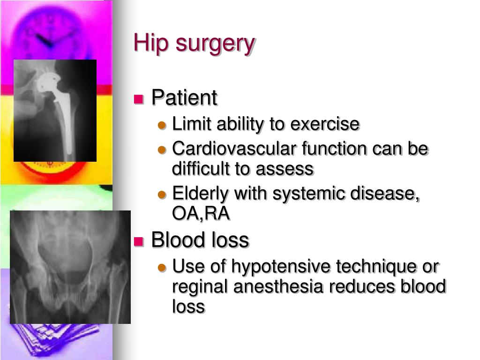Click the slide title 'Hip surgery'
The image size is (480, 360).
(x=194, y=44)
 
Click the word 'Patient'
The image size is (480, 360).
(x=184, y=98)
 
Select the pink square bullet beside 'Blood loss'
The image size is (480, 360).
(x=138, y=241)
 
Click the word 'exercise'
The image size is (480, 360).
(x=325, y=125)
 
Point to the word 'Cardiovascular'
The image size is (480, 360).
(x=234, y=149)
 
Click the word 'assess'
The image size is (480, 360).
(x=289, y=169)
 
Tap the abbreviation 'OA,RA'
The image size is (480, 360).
(x=201, y=214)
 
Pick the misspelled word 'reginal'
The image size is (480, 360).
(x=200, y=287)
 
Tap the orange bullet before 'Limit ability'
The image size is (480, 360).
(x=162, y=126)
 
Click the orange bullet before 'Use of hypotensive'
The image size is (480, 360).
(x=162, y=268)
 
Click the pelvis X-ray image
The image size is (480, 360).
(x=70, y=267)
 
